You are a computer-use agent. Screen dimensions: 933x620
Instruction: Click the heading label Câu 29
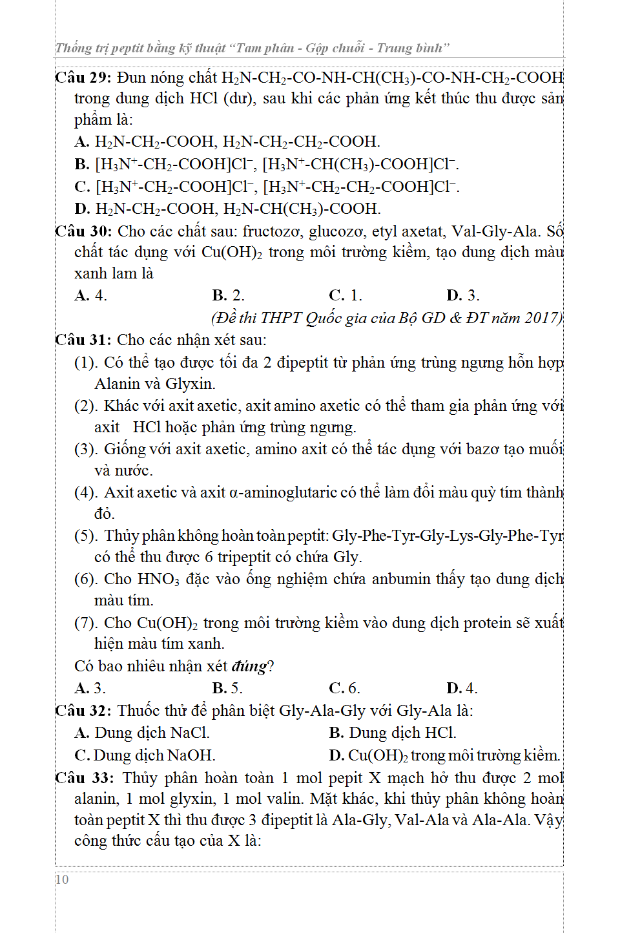(83, 78)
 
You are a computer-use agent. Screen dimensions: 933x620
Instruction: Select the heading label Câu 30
(83, 231)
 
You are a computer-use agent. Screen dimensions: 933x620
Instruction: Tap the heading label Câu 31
(83, 340)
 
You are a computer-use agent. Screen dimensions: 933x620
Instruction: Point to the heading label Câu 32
(83, 711)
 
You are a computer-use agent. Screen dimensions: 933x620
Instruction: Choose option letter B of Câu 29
(81, 164)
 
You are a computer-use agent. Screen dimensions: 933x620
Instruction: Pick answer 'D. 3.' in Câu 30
(462, 295)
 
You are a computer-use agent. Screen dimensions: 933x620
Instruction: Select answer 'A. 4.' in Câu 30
(90, 295)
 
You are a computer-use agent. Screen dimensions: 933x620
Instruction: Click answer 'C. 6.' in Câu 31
(344, 688)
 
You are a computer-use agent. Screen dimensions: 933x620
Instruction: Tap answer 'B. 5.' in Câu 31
(227, 688)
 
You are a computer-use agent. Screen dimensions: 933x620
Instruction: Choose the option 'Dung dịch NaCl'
(152, 733)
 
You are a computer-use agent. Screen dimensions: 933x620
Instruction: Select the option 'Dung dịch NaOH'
(154, 755)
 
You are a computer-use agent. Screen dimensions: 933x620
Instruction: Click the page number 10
(62, 879)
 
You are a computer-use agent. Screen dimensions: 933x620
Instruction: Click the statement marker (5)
(86, 536)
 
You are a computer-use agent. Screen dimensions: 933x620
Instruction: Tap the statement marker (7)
(86, 623)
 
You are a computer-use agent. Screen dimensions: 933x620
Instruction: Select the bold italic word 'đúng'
(249, 666)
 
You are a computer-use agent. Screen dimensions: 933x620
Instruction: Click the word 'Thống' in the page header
(74, 48)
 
